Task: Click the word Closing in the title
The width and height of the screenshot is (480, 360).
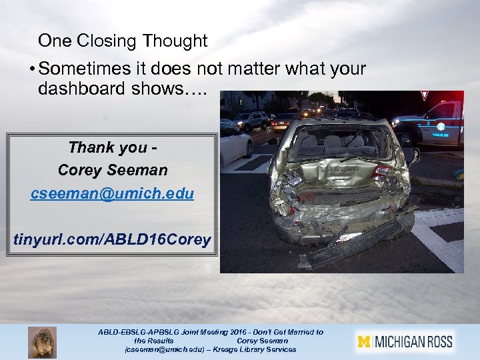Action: [105, 41]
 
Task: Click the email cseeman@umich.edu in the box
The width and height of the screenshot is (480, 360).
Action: [112, 193]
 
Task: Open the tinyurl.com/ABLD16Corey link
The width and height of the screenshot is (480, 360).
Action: [112, 239]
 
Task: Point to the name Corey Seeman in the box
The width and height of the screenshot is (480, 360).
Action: [112, 170]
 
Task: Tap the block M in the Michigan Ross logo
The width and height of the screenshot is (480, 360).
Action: [363, 342]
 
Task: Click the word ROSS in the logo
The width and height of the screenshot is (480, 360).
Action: [435, 342]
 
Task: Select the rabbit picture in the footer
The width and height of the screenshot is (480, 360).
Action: [42, 342]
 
